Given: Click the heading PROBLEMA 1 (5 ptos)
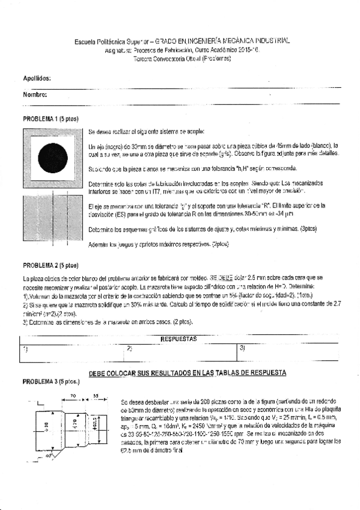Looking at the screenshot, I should (50, 118).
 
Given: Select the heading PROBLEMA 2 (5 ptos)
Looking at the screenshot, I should (50, 265).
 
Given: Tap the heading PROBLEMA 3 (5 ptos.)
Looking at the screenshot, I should (51, 381).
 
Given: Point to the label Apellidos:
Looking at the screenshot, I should (37, 79).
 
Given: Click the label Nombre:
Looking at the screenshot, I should (35, 95).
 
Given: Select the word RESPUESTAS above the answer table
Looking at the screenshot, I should (180, 339).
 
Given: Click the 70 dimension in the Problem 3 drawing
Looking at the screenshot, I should (72, 396).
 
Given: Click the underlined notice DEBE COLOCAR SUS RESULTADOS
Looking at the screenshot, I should (187, 373).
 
